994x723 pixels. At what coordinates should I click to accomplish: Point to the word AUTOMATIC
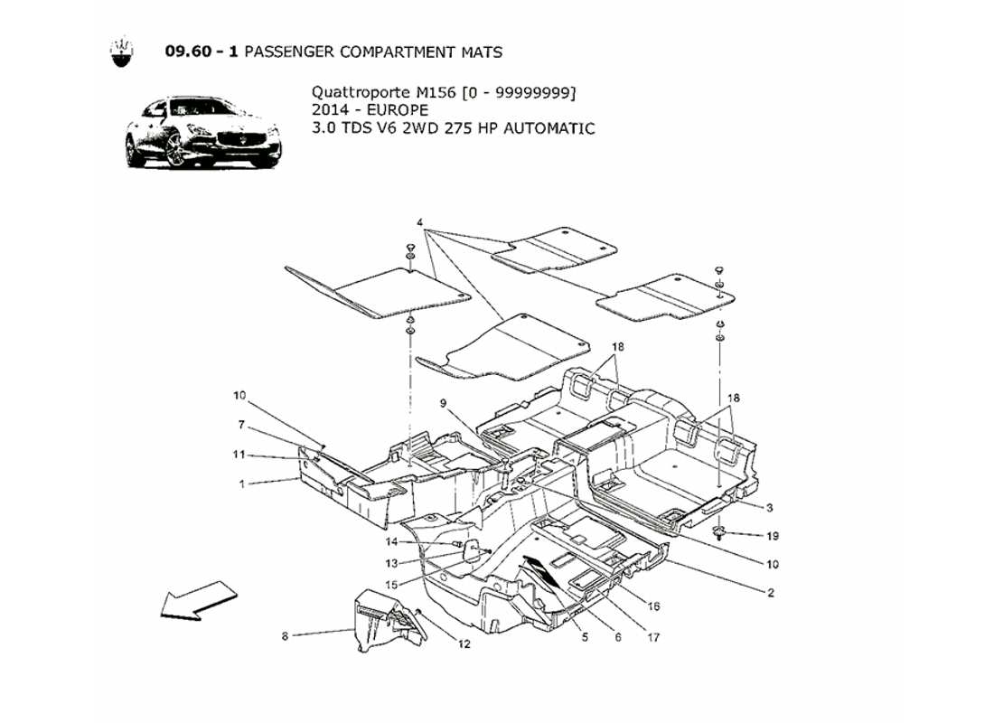click(x=549, y=128)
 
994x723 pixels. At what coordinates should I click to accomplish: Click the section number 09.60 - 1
click(x=202, y=52)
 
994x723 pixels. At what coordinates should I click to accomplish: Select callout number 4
click(x=420, y=222)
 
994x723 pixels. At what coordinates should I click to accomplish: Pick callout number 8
click(x=285, y=636)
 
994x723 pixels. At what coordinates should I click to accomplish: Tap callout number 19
click(x=772, y=536)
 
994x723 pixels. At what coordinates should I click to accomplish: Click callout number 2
click(x=770, y=594)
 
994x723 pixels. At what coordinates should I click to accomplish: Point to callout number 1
click(x=241, y=484)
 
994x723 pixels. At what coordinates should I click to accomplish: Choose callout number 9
click(x=444, y=403)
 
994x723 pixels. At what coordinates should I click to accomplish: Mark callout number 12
click(x=464, y=644)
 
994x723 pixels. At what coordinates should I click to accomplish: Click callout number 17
click(x=653, y=637)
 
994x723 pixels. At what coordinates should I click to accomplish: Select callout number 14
click(x=391, y=542)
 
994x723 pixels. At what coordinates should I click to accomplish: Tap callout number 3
click(x=770, y=507)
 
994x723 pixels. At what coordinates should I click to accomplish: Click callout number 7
click(x=241, y=425)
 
